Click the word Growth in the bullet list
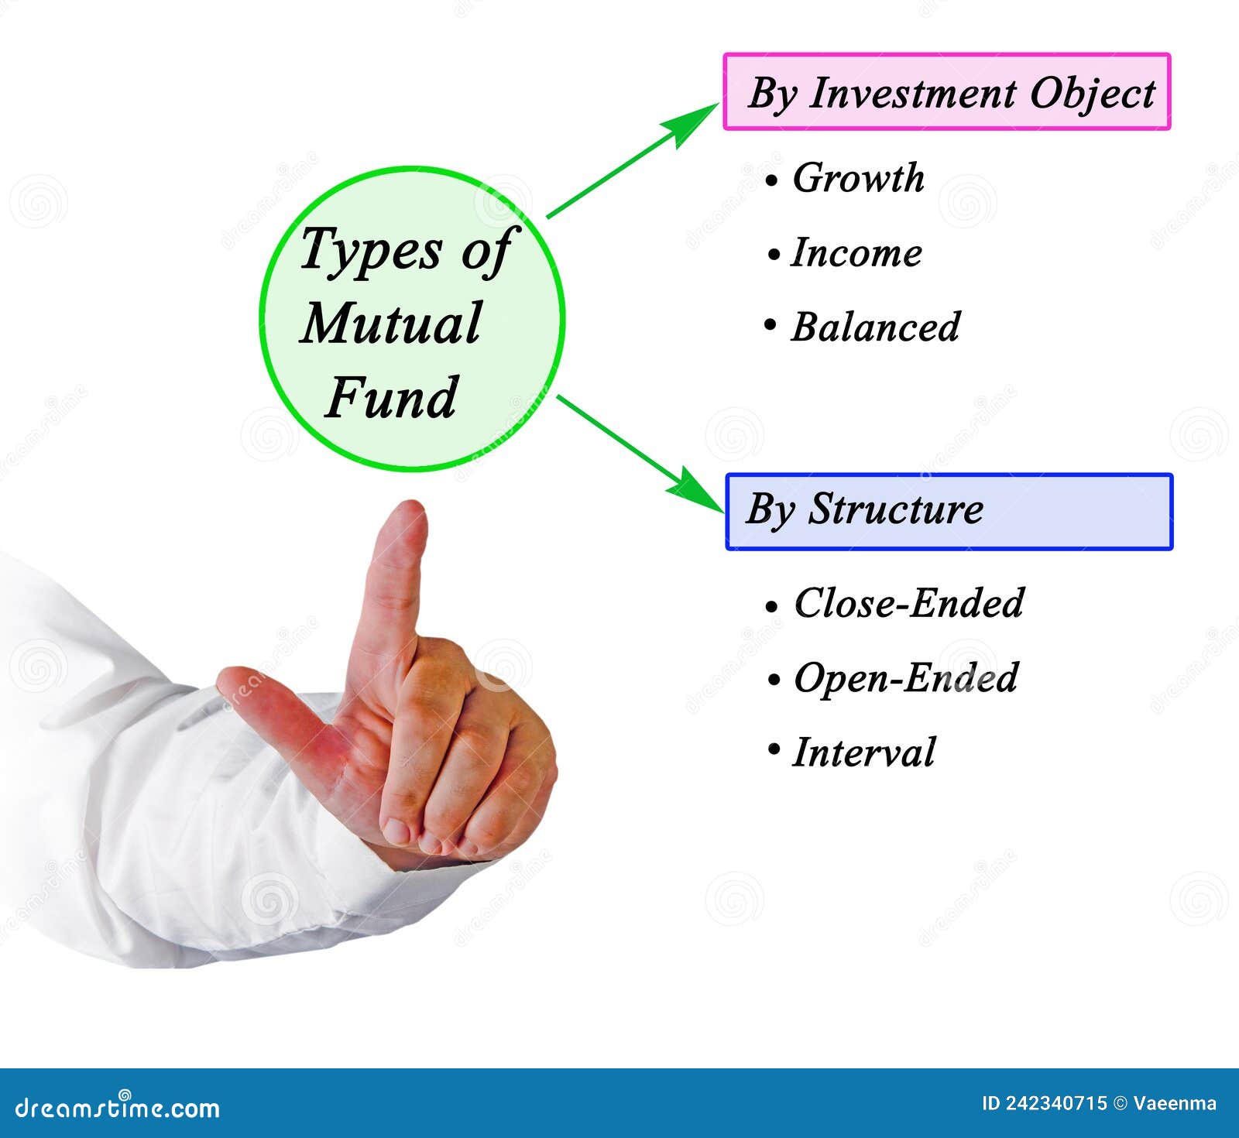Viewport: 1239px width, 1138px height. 858,179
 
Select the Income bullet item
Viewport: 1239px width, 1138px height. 856,253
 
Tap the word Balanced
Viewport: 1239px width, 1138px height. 875,327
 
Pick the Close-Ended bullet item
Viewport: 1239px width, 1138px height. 909,603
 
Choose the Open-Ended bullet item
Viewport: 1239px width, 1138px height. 906,678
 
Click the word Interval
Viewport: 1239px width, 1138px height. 863,752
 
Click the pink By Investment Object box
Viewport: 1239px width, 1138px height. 946,91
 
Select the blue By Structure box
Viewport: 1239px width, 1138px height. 949,512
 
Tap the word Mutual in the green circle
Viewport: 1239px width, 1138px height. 392,324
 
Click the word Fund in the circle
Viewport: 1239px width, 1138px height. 392,398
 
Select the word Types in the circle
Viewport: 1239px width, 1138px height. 371,251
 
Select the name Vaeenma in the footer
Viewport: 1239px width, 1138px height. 1175,1103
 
